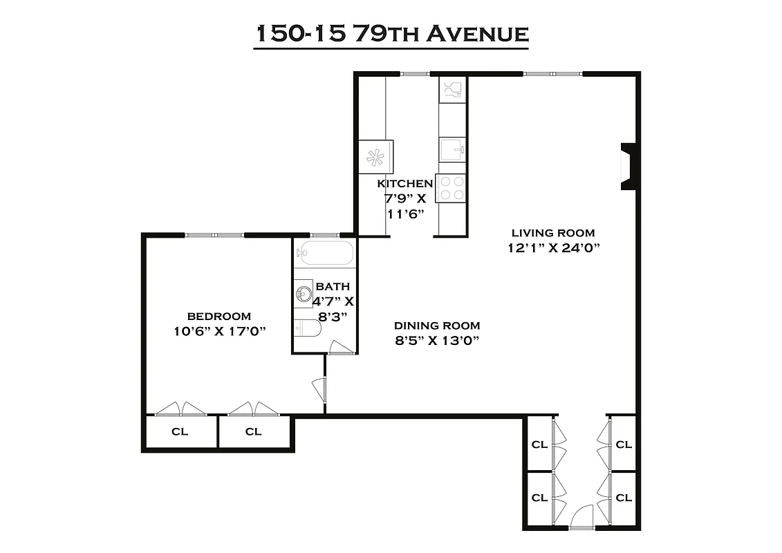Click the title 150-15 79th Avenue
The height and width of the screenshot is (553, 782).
coord(391,34)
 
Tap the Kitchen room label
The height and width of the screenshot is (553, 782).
coord(404,184)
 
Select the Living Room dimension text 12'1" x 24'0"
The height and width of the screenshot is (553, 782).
coord(552,248)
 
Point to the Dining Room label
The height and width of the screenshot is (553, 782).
coord(437,326)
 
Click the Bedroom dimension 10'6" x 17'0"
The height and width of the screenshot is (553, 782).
coord(221,331)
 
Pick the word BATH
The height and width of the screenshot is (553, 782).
coord(333,286)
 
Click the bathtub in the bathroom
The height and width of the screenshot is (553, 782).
coord(325,253)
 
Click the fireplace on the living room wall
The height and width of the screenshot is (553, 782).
coord(628,167)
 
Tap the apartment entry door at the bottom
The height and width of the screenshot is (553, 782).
coord(582,518)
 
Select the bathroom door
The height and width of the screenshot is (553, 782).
coord(340,348)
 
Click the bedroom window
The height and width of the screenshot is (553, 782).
coord(214,235)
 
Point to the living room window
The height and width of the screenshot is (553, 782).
coord(552,73)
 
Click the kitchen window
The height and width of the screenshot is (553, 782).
coord(414,73)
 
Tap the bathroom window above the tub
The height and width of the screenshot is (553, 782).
coord(324,235)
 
